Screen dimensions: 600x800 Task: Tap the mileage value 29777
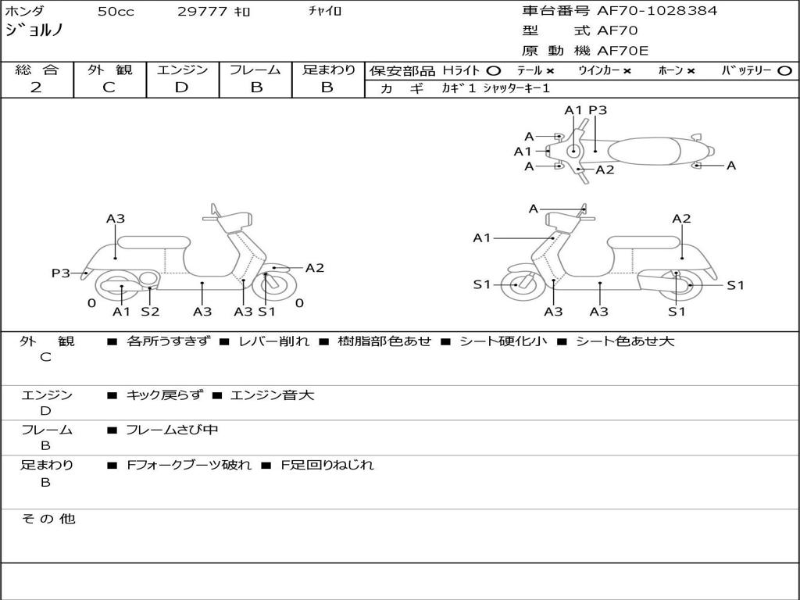pyautogui.click(x=202, y=12)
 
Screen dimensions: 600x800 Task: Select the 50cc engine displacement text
pyautogui.click(x=114, y=12)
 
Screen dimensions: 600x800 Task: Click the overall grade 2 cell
pyautogui.click(x=37, y=87)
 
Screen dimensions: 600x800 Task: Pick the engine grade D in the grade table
pyautogui.click(x=181, y=87)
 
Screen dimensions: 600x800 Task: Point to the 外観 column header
pyautogui.click(x=109, y=70)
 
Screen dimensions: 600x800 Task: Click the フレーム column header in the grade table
pyautogui.click(x=255, y=70)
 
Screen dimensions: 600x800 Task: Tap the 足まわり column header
pyautogui.click(x=328, y=70)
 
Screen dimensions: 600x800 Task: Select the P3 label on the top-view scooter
pyautogui.click(x=598, y=110)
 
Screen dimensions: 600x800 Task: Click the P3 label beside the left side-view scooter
pyautogui.click(x=61, y=273)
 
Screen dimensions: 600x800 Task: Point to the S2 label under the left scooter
pyautogui.click(x=150, y=312)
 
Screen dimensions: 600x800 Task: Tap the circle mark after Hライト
pyautogui.click(x=493, y=71)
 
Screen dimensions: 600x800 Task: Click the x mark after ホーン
pyautogui.click(x=691, y=71)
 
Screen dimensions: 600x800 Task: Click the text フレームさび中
pyautogui.click(x=172, y=430)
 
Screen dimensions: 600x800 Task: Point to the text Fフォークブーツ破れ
pyautogui.click(x=189, y=465)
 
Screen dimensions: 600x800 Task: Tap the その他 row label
pyautogui.click(x=48, y=519)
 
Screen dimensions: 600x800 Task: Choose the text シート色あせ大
pyautogui.click(x=625, y=341)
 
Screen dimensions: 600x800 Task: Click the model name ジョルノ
pyautogui.click(x=34, y=31)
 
